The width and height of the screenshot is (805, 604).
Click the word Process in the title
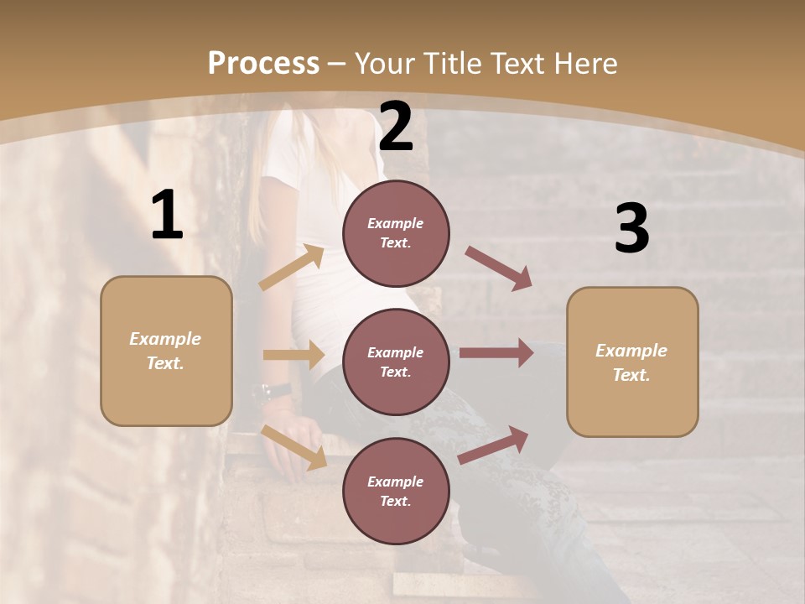pyautogui.click(x=263, y=64)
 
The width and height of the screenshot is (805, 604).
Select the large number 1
pyautogui.click(x=167, y=216)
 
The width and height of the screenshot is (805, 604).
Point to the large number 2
pyautogui.click(x=396, y=128)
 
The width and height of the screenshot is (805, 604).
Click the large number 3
pyautogui.click(x=631, y=229)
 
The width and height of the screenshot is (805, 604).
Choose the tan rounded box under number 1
pyautogui.click(x=166, y=351)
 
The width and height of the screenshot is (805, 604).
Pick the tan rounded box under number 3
pyautogui.click(x=632, y=362)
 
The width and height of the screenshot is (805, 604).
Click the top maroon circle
pyautogui.click(x=396, y=232)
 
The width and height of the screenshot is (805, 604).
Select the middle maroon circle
pyautogui.click(x=396, y=362)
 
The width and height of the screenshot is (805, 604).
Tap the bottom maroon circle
pyautogui.click(x=396, y=491)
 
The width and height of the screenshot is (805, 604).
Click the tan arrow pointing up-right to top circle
pyautogui.click(x=292, y=268)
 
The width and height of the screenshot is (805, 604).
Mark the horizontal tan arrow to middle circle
pyautogui.click(x=293, y=355)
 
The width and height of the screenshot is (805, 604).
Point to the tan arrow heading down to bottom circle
pyautogui.click(x=294, y=446)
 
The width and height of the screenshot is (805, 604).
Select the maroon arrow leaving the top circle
pyautogui.click(x=498, y=268)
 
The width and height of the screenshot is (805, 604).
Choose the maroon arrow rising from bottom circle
pyautogui.click(x=494, y=445)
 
